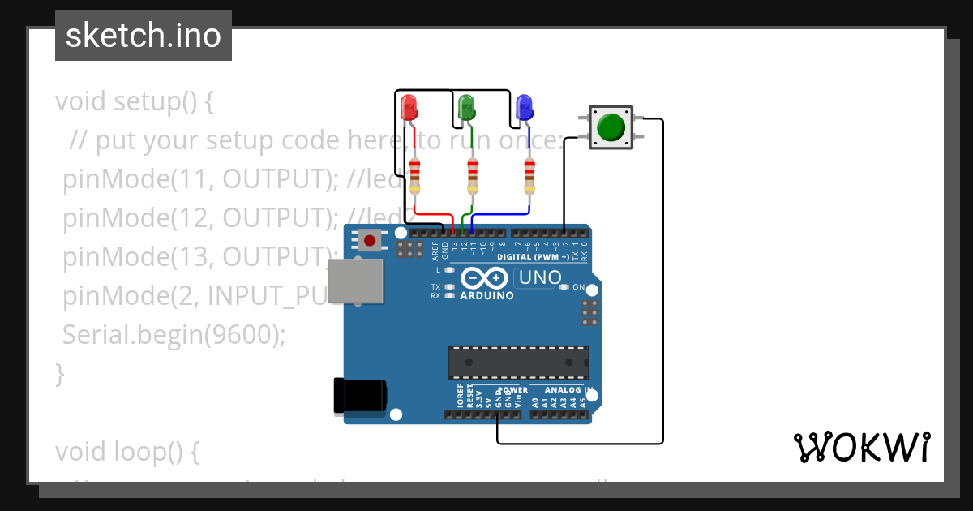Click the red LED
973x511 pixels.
408,106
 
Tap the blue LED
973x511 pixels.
524,106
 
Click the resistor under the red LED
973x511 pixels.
415,175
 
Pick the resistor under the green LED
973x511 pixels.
473,175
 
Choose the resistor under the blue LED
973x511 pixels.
529,175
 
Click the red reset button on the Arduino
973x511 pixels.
371,240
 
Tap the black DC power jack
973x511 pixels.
359,396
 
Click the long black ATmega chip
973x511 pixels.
519,363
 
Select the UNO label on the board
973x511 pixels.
539,278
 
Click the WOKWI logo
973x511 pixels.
860,447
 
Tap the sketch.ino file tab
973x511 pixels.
144,36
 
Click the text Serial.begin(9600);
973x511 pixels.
174,334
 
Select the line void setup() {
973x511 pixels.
135,102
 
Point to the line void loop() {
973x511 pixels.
127,452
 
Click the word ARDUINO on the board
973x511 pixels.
486,296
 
